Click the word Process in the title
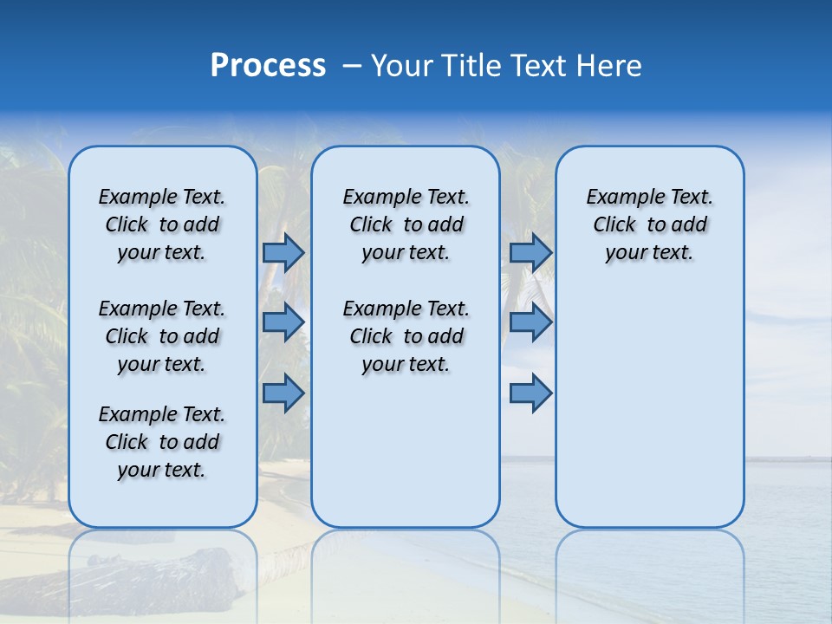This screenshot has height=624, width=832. click(x=268, y=66)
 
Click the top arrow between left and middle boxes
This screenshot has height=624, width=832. click(x=283, y=252)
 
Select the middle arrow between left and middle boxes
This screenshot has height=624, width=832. click(x=283, y=322)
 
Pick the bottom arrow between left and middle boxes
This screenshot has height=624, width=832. click(x=283, y=393)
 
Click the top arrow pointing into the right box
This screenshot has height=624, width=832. click(x=530, y=252)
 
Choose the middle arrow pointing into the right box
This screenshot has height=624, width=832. click(x=530, y=322)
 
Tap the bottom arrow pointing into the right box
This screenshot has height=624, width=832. click(x=530, y=393)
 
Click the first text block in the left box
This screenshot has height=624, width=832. click(x=162, y=224)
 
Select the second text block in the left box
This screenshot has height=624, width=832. click(x=162, y=336)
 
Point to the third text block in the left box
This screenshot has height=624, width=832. click(x=162, y=442)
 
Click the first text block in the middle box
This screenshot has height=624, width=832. click(x=406, y=224)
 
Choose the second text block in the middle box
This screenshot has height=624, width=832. click(x=406, y=336)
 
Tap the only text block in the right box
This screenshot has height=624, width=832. click(x=649, y=224)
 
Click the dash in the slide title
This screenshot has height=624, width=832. click(x=352, y=67)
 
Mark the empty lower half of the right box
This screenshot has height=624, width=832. click(x=649, y=416)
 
